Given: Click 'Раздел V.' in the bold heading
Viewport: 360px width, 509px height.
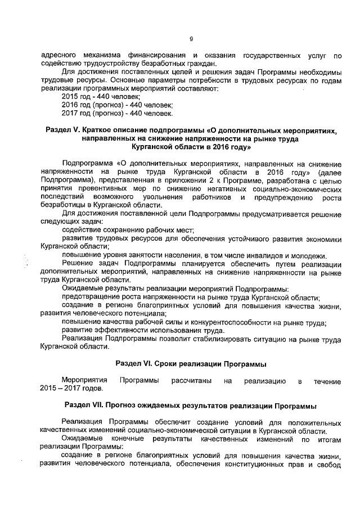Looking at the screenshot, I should [62, 130].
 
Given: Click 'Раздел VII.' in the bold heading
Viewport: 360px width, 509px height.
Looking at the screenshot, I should [86, 406].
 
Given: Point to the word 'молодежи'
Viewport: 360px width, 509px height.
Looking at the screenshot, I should [310, 255].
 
